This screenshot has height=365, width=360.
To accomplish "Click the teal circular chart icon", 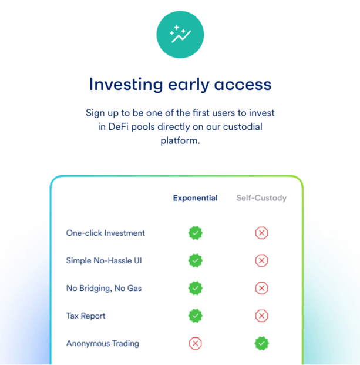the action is click(180, 35).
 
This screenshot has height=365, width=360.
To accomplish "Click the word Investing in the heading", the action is click(126, 85).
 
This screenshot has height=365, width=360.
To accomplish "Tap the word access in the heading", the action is click(243, 85).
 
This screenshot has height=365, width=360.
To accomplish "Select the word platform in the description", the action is click(180, 141).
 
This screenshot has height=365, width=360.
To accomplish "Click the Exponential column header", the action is click(196, 198).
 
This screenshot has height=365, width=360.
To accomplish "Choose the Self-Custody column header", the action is click(261, 198).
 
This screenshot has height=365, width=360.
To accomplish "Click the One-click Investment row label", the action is click(105, 233).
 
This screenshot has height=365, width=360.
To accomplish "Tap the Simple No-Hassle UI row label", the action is click(104, 260).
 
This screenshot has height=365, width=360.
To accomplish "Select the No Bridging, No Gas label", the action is click(104, 288).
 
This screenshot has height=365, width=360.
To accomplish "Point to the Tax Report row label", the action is click(86, 316).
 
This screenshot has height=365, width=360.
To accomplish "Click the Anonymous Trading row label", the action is click(103, 343).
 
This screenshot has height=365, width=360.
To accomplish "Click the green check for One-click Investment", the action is click(196, 233).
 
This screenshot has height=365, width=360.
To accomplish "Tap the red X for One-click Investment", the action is click(261, 233).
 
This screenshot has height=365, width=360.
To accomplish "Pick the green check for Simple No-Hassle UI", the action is click(196, 260).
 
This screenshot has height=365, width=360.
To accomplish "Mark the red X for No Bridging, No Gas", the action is click(261, 288).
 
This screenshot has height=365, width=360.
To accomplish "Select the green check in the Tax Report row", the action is click(196, 316).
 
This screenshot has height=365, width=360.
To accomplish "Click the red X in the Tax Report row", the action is click(261, 316).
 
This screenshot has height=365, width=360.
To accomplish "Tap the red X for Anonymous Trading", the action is click(196, 343).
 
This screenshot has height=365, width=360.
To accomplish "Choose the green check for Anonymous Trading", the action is click(261, 343).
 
